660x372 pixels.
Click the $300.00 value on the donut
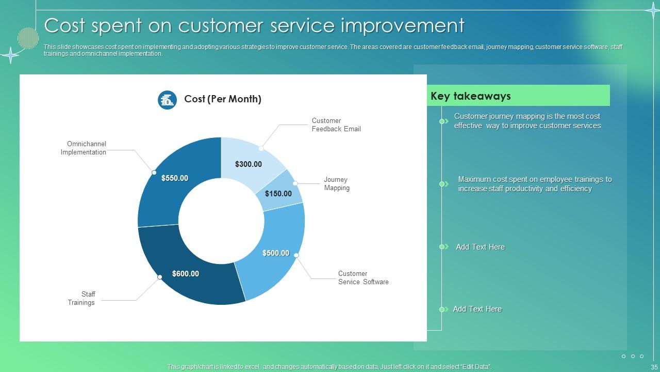tap(249, 164)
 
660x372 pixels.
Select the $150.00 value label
tap(278, 194)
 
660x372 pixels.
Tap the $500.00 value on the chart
tap(275, 253)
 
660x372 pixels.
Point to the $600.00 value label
tap(185, 274)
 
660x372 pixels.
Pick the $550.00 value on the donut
tap(174, 178)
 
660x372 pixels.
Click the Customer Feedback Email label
tap(336, 125)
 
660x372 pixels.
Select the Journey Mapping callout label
tap(337, 184)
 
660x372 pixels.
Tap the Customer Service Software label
tap(363, 278)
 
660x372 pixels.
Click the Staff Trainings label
tap(81, 299)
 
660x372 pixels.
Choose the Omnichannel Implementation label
tap(84, 148)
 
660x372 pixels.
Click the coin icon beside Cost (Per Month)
tap(167, 100)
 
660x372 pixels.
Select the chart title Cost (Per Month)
tap(222, 99)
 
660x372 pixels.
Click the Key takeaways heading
tap(470, 96)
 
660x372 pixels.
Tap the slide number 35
tap(655, 367)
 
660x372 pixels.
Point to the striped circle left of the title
tap(28, 38)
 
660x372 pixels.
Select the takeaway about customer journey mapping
tap(527, 121)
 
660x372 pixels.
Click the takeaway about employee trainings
tap(534, 184)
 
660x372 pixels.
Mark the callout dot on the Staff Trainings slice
tap(160, 277)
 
